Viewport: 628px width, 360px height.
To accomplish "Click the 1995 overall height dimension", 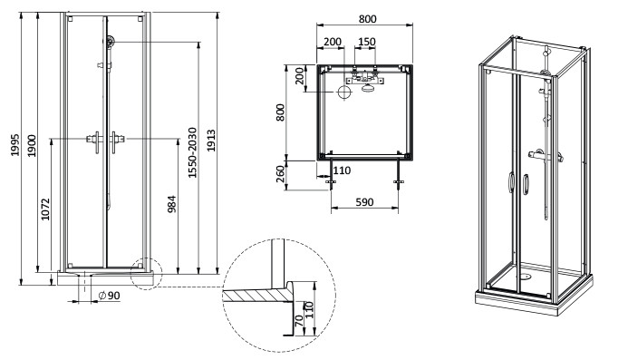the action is [x=14, y=145].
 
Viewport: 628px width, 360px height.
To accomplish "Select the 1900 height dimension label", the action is [x=32, y=146].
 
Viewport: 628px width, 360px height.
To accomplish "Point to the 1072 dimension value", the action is [x=45, y=209].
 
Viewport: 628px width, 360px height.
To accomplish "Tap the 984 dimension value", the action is [x=172, y=204].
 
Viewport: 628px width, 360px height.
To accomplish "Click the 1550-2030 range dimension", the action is [x=193, y=152].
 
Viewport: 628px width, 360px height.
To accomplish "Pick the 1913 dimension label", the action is [x=211, y=141].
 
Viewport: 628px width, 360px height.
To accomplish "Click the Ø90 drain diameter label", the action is [x=109, y=296].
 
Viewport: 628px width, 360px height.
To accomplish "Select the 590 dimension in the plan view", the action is [x=364, y=202].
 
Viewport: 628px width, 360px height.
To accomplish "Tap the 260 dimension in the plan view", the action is [x=281, y=173].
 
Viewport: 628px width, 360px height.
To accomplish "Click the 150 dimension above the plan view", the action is [x=366, y=42].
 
